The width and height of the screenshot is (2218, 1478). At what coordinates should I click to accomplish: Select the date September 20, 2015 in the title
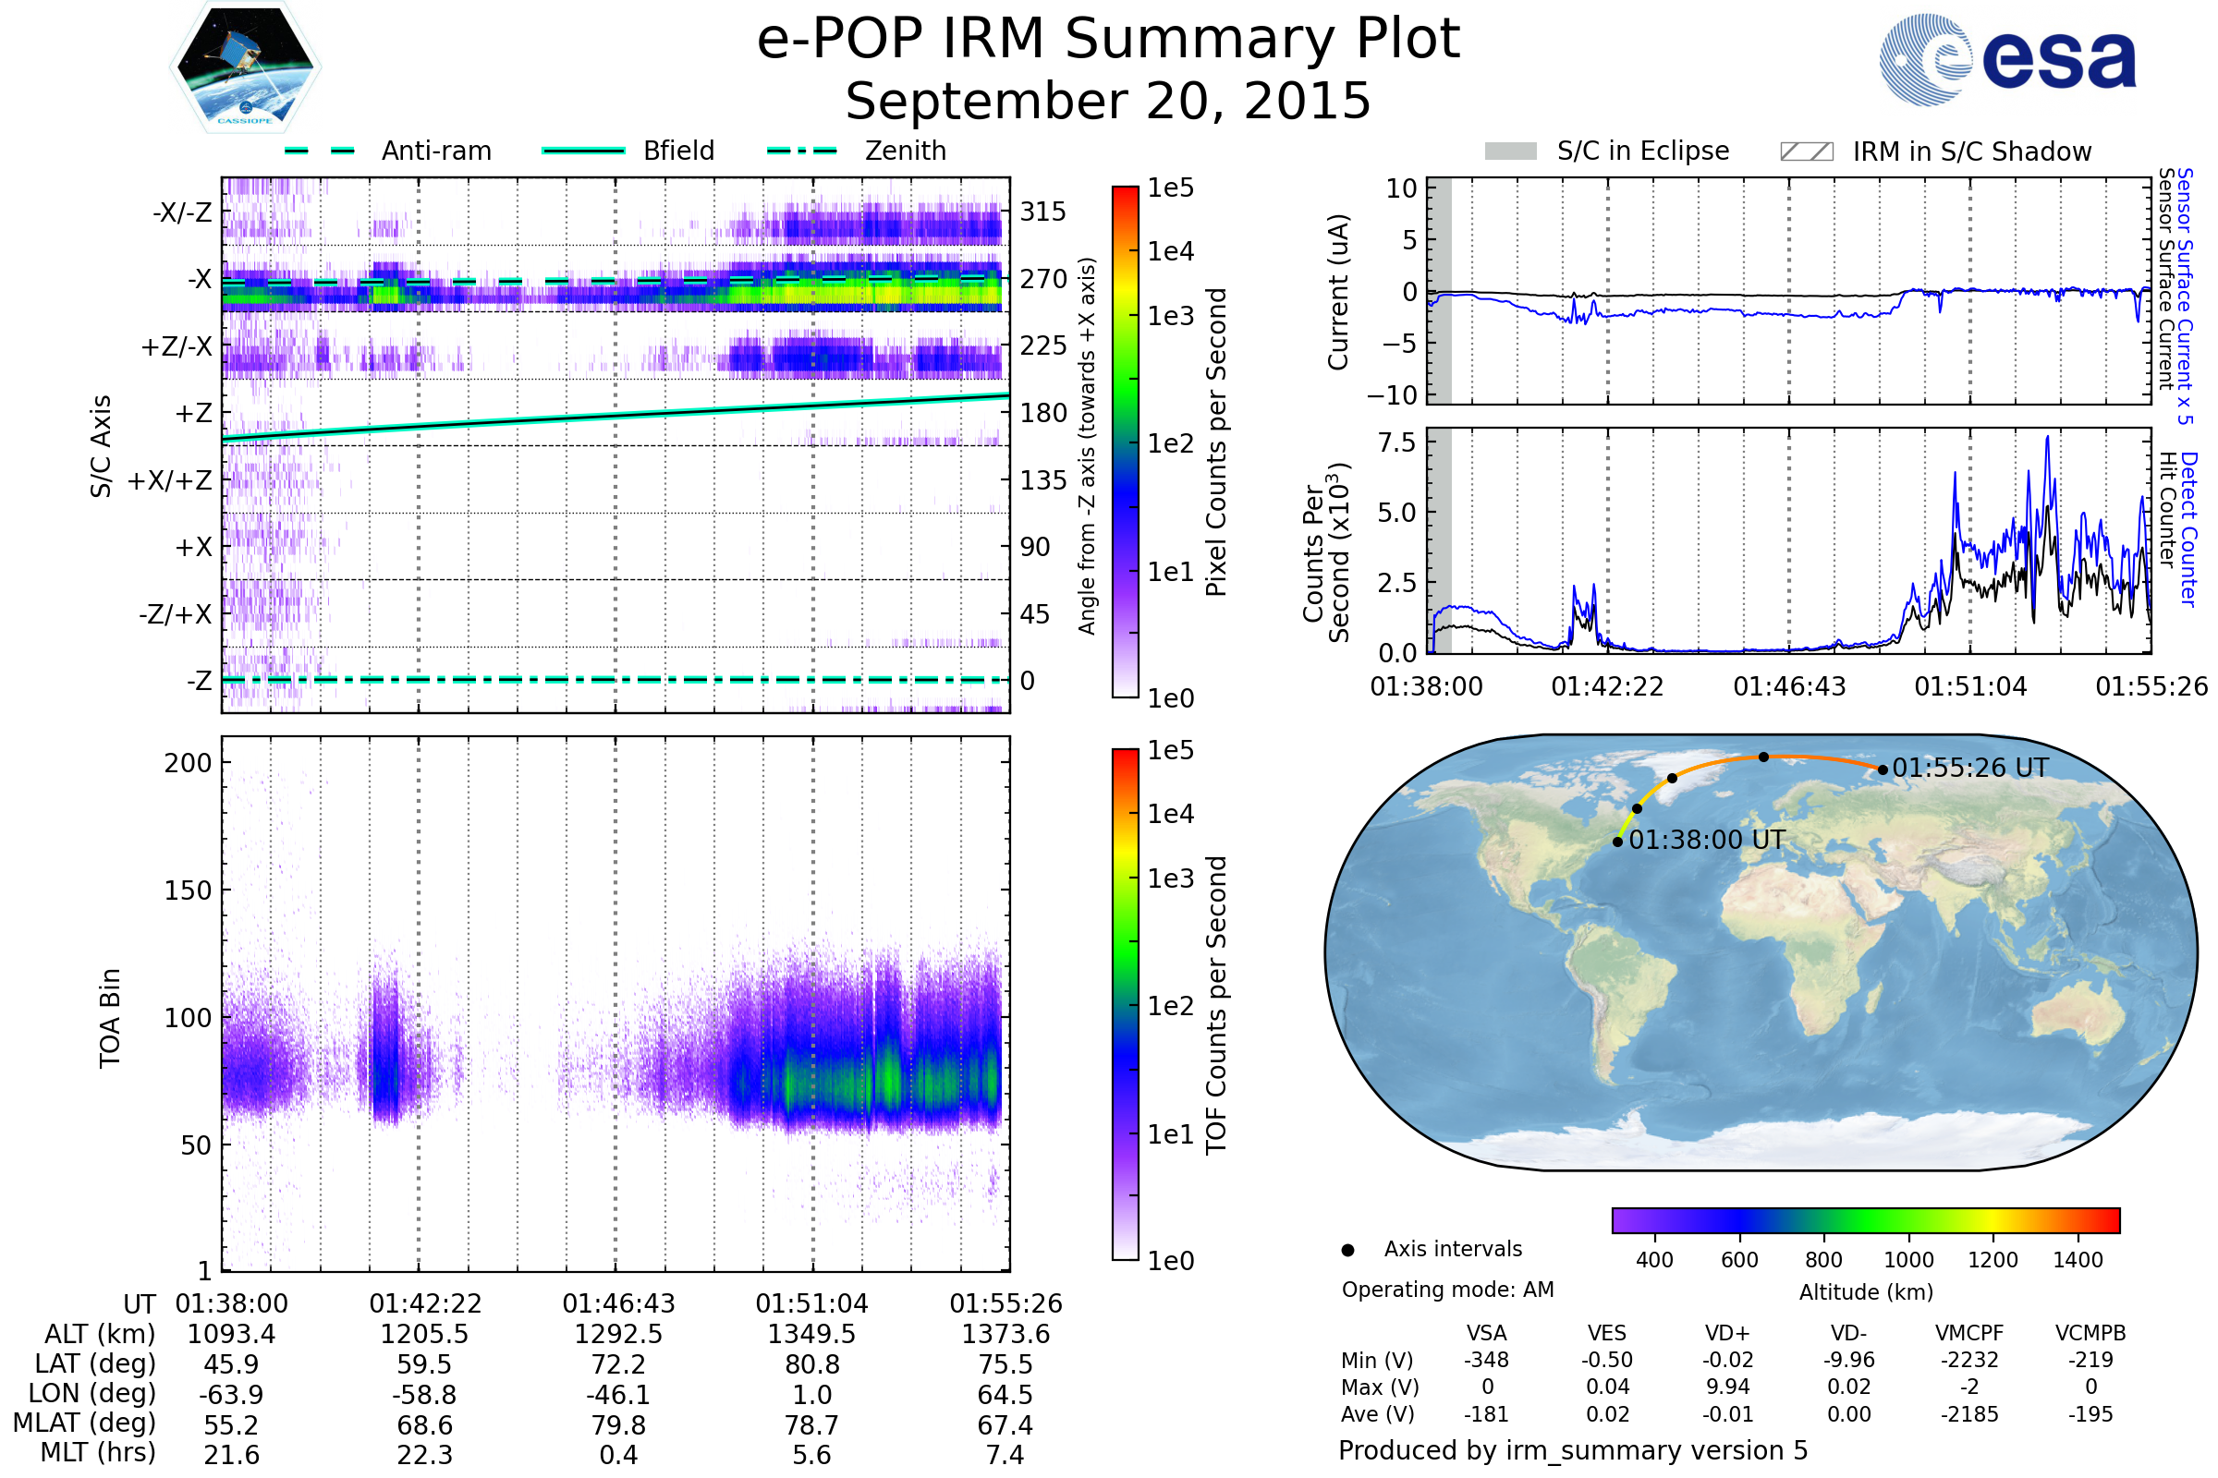[1108, 102]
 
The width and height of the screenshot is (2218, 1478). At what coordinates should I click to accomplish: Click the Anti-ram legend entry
[435, 151]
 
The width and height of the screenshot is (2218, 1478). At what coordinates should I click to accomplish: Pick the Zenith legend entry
[905, 151]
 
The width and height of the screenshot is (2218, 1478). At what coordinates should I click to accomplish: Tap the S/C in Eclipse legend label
[1643, 151]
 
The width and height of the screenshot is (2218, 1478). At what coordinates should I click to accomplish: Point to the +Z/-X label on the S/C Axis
[177, 347]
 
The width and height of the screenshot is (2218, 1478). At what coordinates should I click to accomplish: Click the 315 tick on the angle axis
[1043, 212]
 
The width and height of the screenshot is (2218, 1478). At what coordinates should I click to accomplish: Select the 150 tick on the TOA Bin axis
[188, 890]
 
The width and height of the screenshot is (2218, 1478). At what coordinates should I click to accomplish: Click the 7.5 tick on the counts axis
[1396, 442]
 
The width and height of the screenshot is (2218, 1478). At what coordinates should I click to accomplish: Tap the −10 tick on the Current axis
[1393, 395]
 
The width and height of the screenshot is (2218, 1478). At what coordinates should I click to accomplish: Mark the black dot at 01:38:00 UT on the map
[1617, 842]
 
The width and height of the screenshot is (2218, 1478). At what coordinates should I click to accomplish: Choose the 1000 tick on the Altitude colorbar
[1907, 1260]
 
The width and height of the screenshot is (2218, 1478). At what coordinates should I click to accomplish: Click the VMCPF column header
[1969, 1334]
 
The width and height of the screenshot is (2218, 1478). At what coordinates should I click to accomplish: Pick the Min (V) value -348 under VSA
[1486, 1360]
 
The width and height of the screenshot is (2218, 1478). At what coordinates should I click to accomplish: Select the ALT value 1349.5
[811, 1335]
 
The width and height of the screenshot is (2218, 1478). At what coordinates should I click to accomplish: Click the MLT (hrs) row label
[98, 1452]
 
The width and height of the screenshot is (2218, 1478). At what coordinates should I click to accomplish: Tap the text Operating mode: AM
[1447, 1290]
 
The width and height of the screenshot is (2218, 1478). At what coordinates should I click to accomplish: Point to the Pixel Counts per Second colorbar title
[1216, 442]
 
